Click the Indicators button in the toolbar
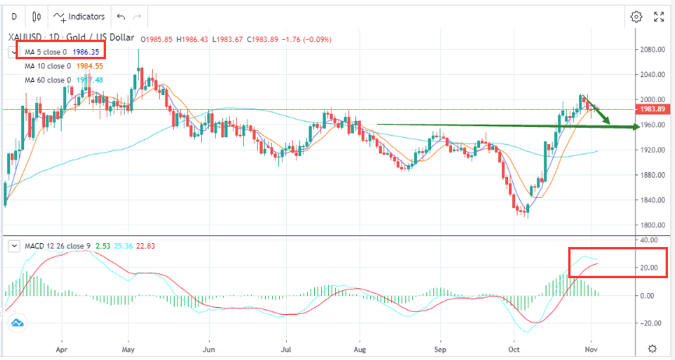[x=80, y=16]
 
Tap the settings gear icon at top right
[x=636, y=16]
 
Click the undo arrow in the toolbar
[x=120, y=16]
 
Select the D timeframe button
[x=13, y=16]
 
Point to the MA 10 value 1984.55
[x=89, y=66]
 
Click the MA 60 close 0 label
[x=48, y=79]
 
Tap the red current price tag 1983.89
[x=652, y=110]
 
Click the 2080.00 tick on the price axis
[x=652, y=49]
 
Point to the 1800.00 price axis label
[x=652, y=225]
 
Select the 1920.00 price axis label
[x=652, y=150]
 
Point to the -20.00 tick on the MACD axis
[x=652, y=323]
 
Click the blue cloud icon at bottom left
[x=17, y=322]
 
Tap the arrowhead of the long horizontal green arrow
[x=634, y=127]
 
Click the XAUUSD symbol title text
[x=24, y=37]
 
